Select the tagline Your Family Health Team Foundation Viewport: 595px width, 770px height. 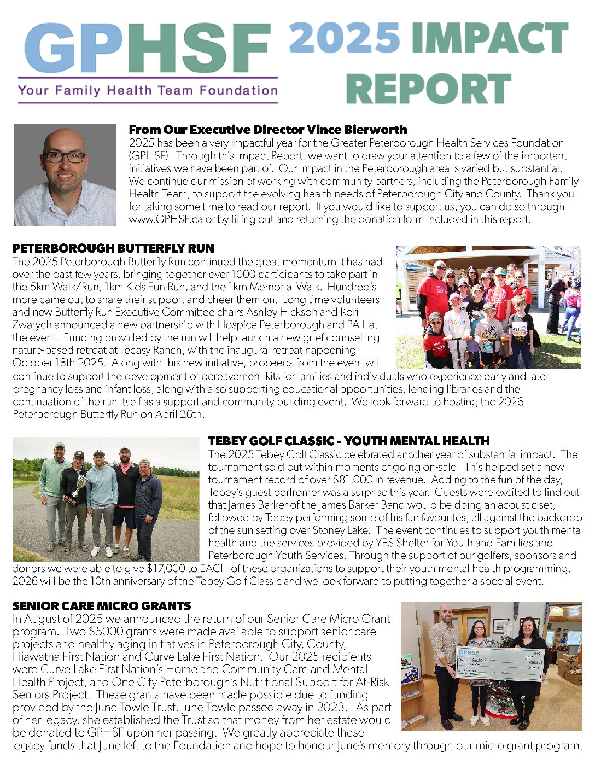[x=148, y=90]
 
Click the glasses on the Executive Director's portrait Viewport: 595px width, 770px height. [x=65, y=157]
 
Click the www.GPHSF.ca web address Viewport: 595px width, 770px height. [x=160, y=219]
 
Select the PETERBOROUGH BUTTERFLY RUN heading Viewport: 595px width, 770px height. [x=113, y=249]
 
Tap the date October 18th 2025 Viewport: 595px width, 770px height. [x=49, y=363]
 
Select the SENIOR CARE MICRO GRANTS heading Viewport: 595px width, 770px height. [x=101, y=606]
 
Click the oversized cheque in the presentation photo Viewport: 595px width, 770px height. [x=499, y=663]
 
